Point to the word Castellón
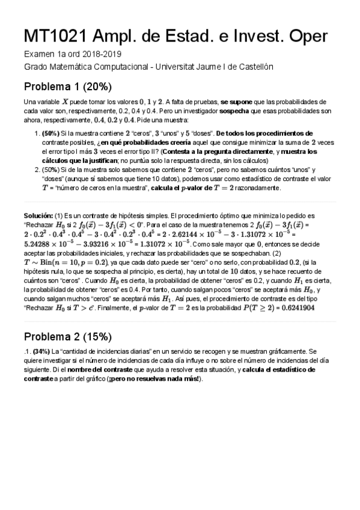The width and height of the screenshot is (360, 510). point(257,66)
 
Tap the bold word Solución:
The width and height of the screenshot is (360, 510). point(38,215)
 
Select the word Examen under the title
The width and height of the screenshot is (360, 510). point(38,54)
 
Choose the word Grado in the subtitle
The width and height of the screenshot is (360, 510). point(34,66)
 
